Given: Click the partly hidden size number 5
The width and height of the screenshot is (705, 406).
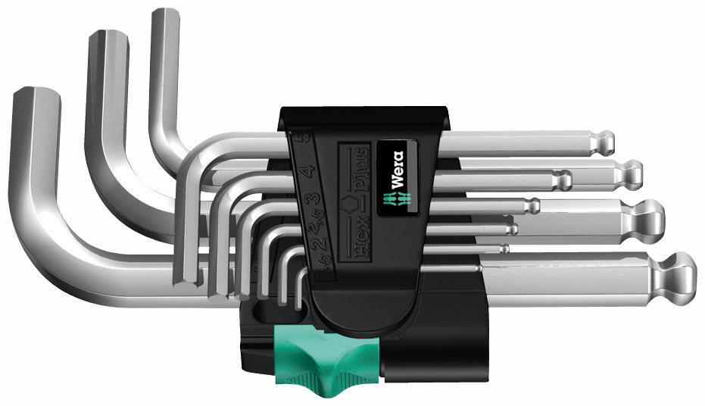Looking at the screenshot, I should (x=299, y=140).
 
